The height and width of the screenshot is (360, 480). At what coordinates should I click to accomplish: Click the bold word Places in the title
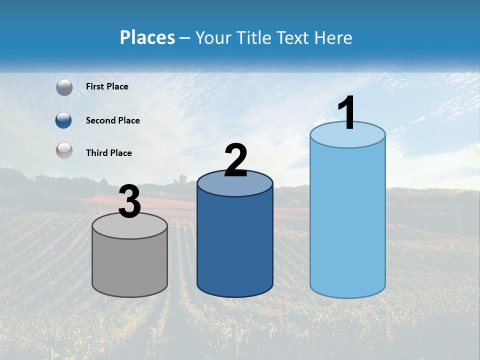pyautogui.click(x=147, y=37)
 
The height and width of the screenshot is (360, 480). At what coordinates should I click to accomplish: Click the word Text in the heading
pyautogui.click(x=293, y=37)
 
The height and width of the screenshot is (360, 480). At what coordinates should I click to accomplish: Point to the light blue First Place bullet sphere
pyautogui.click(x=64, y=87)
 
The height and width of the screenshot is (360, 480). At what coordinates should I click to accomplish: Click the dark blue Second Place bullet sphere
pyautogui.click(x=63, y=120)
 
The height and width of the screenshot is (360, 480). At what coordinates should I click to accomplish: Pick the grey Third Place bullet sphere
pyautogui.click(x=64, y=150)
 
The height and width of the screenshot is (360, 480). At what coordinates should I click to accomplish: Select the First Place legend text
pyautogui.click(x=107, y=86)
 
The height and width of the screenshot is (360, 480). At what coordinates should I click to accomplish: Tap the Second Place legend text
pyautogui.click(x=112, y=120)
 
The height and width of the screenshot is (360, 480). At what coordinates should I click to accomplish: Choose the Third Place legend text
pyautogui.click(x=108, y=153)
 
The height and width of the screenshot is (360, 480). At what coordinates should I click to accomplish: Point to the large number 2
pyautogui.click(x=235, y=160)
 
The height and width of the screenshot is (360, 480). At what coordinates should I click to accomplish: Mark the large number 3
pyautogui.click(x=130, y=201)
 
